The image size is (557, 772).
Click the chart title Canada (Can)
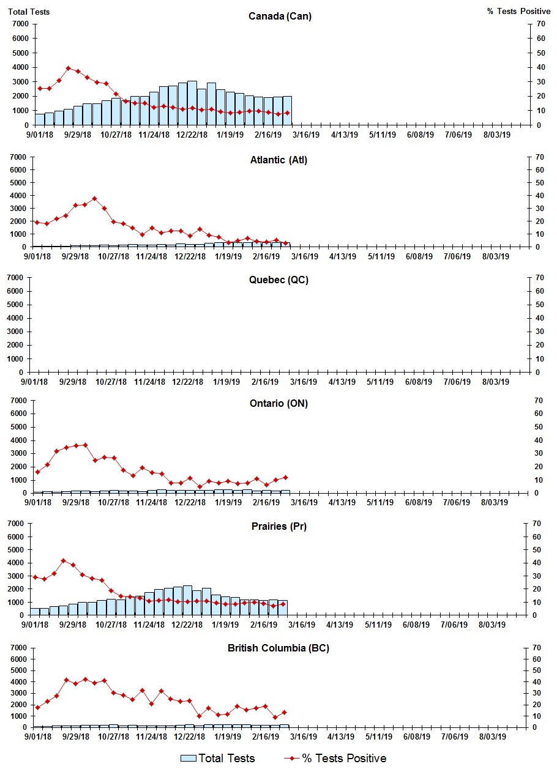[x=280, y=17]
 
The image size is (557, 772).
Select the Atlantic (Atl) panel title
[x=278, y=160]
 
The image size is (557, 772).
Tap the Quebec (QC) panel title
[x=278, y=280]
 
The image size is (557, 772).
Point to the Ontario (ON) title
[x=278, y=404]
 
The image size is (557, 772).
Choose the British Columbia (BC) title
[x=278, y=648]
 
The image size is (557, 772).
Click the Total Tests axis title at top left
[x=29, y=12]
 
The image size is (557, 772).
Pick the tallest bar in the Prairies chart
[x=187, y=600]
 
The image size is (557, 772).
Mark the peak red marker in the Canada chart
[x=69, y=69]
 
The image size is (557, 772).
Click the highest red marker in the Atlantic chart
[x=94, y=198]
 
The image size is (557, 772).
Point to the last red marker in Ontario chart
[x=285, y=477]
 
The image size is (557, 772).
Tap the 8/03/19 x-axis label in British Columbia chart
[x=495, y=737]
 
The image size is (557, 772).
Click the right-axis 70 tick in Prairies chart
[x=539, y=524]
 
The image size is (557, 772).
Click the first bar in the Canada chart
[x=40, y=119]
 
